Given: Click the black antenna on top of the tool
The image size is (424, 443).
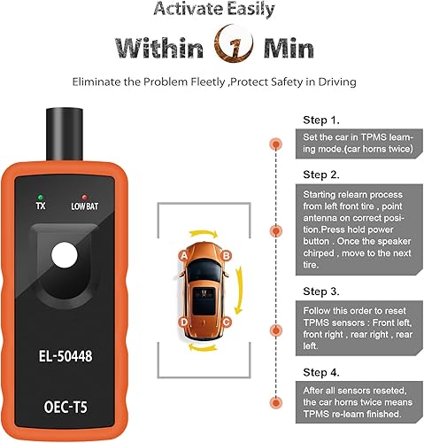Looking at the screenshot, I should tap(63, 124).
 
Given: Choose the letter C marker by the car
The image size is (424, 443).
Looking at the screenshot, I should tap(227, 322).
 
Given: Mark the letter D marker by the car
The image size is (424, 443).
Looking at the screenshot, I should tap(182, 322).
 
